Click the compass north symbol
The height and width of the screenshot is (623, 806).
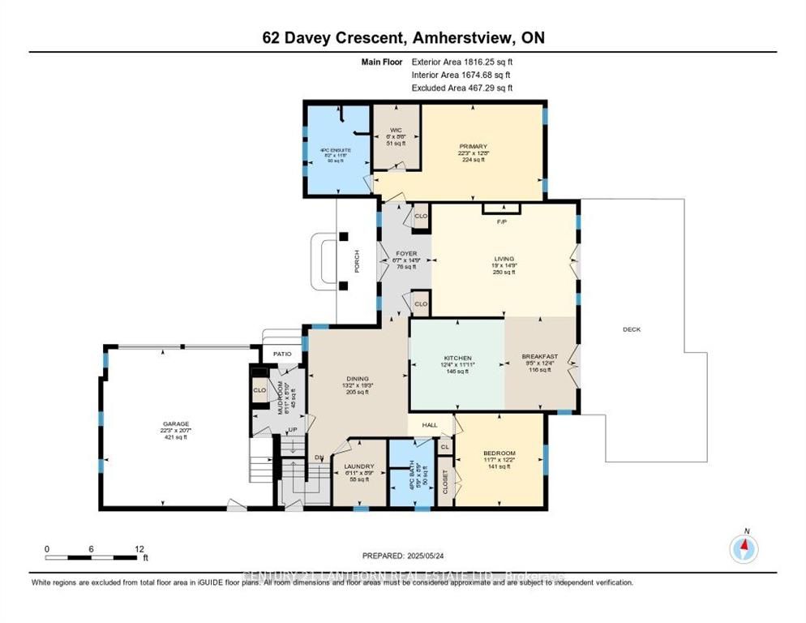[744, 548]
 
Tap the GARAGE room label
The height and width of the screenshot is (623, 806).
[175, 423]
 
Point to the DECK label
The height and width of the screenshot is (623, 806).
[632, 329]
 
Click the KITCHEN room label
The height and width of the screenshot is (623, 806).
[457, 358]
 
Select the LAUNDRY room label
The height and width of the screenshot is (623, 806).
[358, 466]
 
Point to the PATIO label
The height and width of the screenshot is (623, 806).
[281, 354]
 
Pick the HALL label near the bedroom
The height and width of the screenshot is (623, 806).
[429, 424]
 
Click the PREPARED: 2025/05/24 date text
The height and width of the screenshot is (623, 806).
[403, 556]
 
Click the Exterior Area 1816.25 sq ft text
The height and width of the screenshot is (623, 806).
[462, 61]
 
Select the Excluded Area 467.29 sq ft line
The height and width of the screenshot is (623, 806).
[462, 88]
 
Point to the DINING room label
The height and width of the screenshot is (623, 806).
[358, 379]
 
